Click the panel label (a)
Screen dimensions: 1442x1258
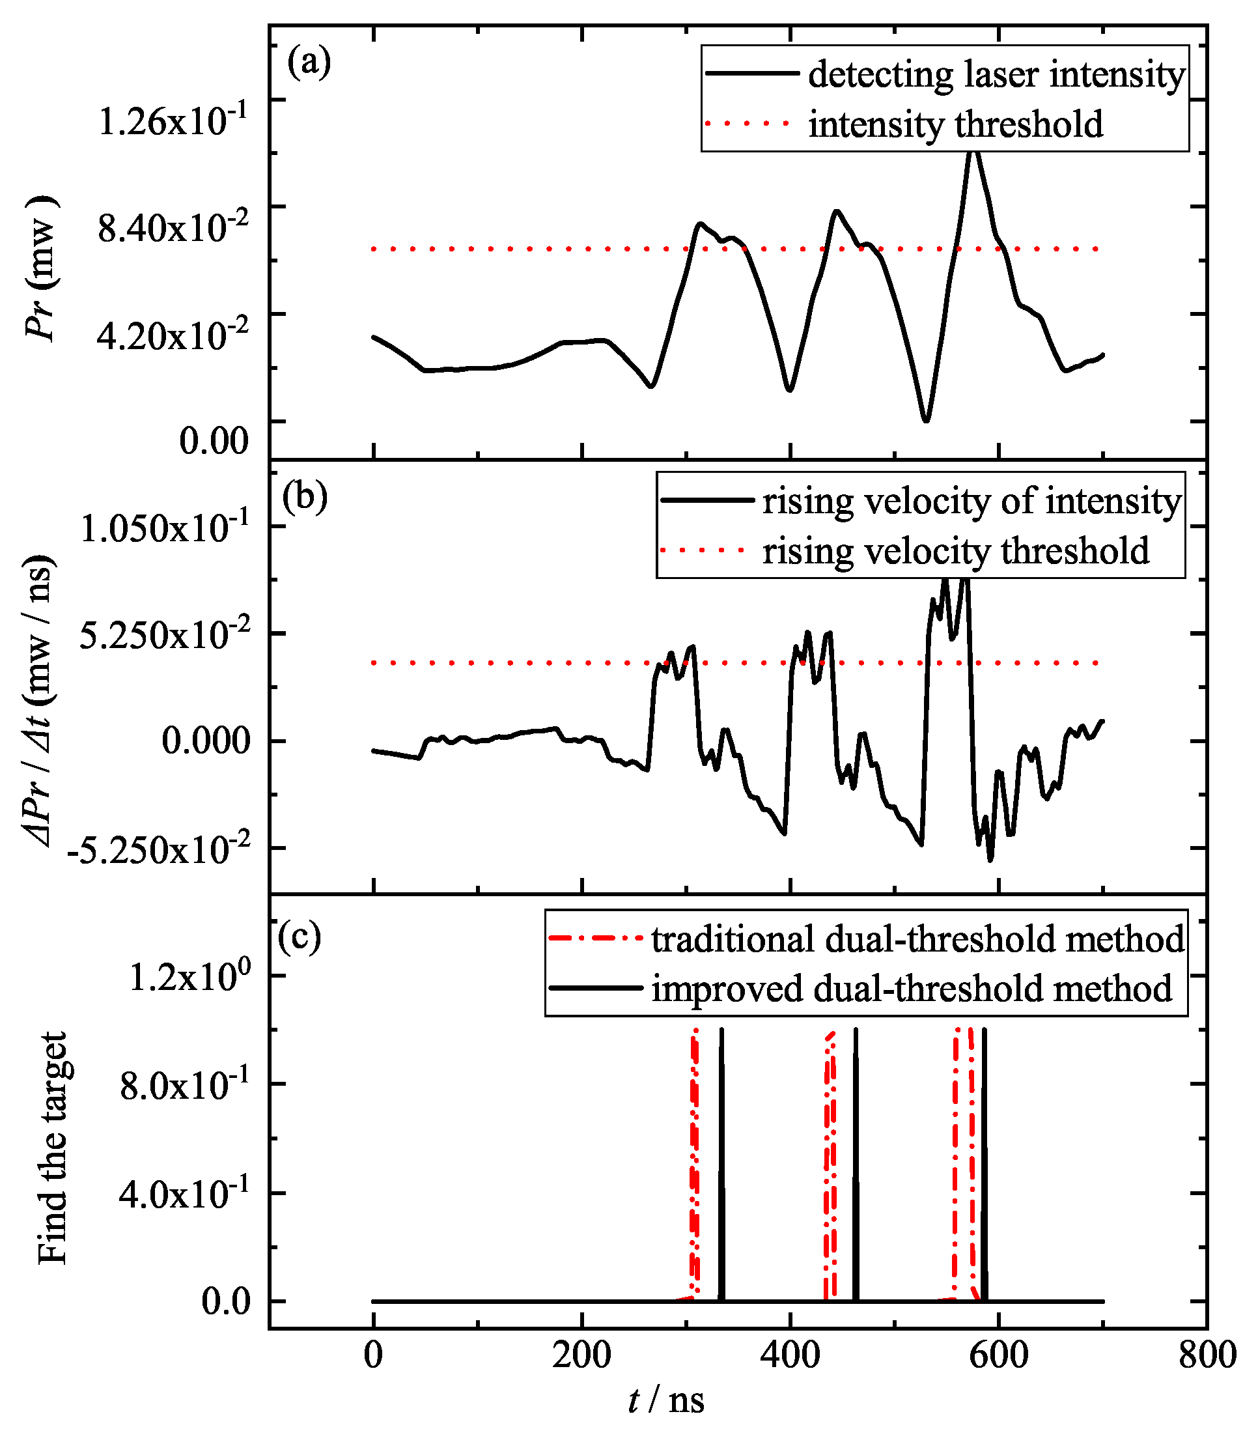308,63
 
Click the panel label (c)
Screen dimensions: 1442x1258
300,935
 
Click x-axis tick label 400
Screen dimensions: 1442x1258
790,1355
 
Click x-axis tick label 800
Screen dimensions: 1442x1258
1207,1355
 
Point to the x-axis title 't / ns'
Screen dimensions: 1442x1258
665,1400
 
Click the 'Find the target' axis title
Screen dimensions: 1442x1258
53,1148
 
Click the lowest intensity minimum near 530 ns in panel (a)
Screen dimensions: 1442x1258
927,420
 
